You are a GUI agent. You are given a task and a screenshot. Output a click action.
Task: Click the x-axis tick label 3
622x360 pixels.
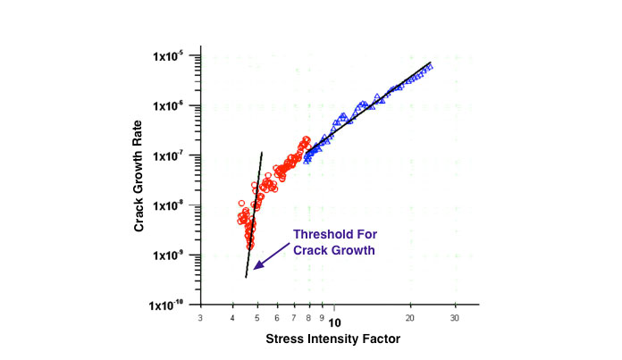point(200,318)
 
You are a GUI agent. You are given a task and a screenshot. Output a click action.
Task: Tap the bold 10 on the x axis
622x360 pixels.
point(332,319)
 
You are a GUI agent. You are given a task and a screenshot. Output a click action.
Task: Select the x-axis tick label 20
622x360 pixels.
point(409,318)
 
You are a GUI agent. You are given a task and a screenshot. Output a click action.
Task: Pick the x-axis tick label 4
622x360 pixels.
point(233,318)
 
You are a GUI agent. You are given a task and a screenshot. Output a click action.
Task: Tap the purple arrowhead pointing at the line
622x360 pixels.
point(256,266)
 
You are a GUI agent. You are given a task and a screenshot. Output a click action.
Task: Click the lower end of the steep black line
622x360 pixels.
point(246,278)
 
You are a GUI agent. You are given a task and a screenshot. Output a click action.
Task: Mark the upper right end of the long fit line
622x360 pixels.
point(431,63)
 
